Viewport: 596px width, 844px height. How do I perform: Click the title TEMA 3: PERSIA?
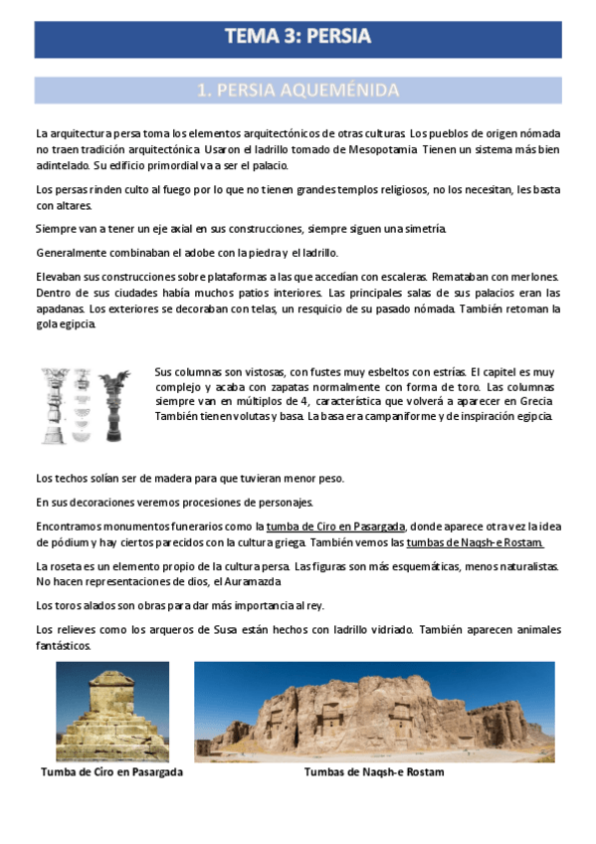(x=298, y=37)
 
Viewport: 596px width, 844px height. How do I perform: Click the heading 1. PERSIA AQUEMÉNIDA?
(x=298, y=91)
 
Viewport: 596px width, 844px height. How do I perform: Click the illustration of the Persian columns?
(x=85, y=404)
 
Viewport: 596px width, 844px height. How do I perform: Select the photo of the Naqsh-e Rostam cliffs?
(x=373, y=712)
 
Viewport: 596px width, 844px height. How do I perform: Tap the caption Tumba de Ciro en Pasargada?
(x=111, y=772)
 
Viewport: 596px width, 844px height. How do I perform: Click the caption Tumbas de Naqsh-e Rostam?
(x=374, y=772)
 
